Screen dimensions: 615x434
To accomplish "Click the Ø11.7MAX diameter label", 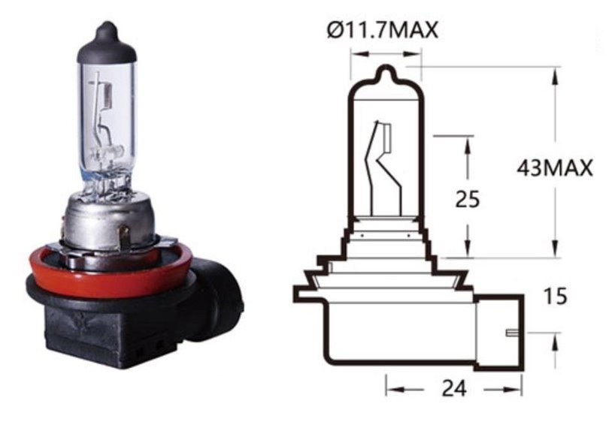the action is (x=382, y=30).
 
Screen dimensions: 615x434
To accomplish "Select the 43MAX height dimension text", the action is (x=554, y=167).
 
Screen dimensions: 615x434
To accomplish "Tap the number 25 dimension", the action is (x=467, y=199).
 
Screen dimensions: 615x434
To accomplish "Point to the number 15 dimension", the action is (x=556, y=296).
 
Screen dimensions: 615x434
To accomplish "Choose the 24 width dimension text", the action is (x=454, y=388).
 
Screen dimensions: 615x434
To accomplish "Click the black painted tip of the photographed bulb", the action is (x=107, y=43).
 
